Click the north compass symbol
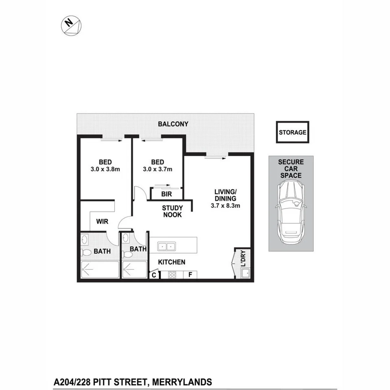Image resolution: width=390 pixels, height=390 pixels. (x=71, y=25)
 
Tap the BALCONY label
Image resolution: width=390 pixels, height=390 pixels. (x=173, y=124)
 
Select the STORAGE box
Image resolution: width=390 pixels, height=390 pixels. (x=292, y=132)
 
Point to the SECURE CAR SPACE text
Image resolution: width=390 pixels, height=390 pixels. (x=291, y=169)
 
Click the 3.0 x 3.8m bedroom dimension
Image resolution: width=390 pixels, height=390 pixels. (x=106, y=169)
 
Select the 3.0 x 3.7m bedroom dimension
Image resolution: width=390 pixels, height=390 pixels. (x=158, y=169)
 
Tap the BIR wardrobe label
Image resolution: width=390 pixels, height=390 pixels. (x=166, y=194)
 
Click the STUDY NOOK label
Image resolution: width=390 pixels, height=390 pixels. (x=172, y=211)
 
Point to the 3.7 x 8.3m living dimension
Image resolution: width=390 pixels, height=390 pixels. (x=225, y=205)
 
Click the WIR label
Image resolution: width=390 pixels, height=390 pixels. (x=102, y=221)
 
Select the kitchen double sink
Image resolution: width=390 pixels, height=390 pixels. (x=166, y=247)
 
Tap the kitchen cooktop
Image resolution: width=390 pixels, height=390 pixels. (x=172, y=274)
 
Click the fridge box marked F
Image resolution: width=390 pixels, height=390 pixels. (x=190, y=274)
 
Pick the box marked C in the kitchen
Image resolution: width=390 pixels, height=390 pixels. (x=154, y=275)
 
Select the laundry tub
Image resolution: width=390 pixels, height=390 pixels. (x=246, y=273)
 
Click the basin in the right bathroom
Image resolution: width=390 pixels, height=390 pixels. (x=125, y=238)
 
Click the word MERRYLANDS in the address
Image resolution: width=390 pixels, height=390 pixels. (x=181, y=382)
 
